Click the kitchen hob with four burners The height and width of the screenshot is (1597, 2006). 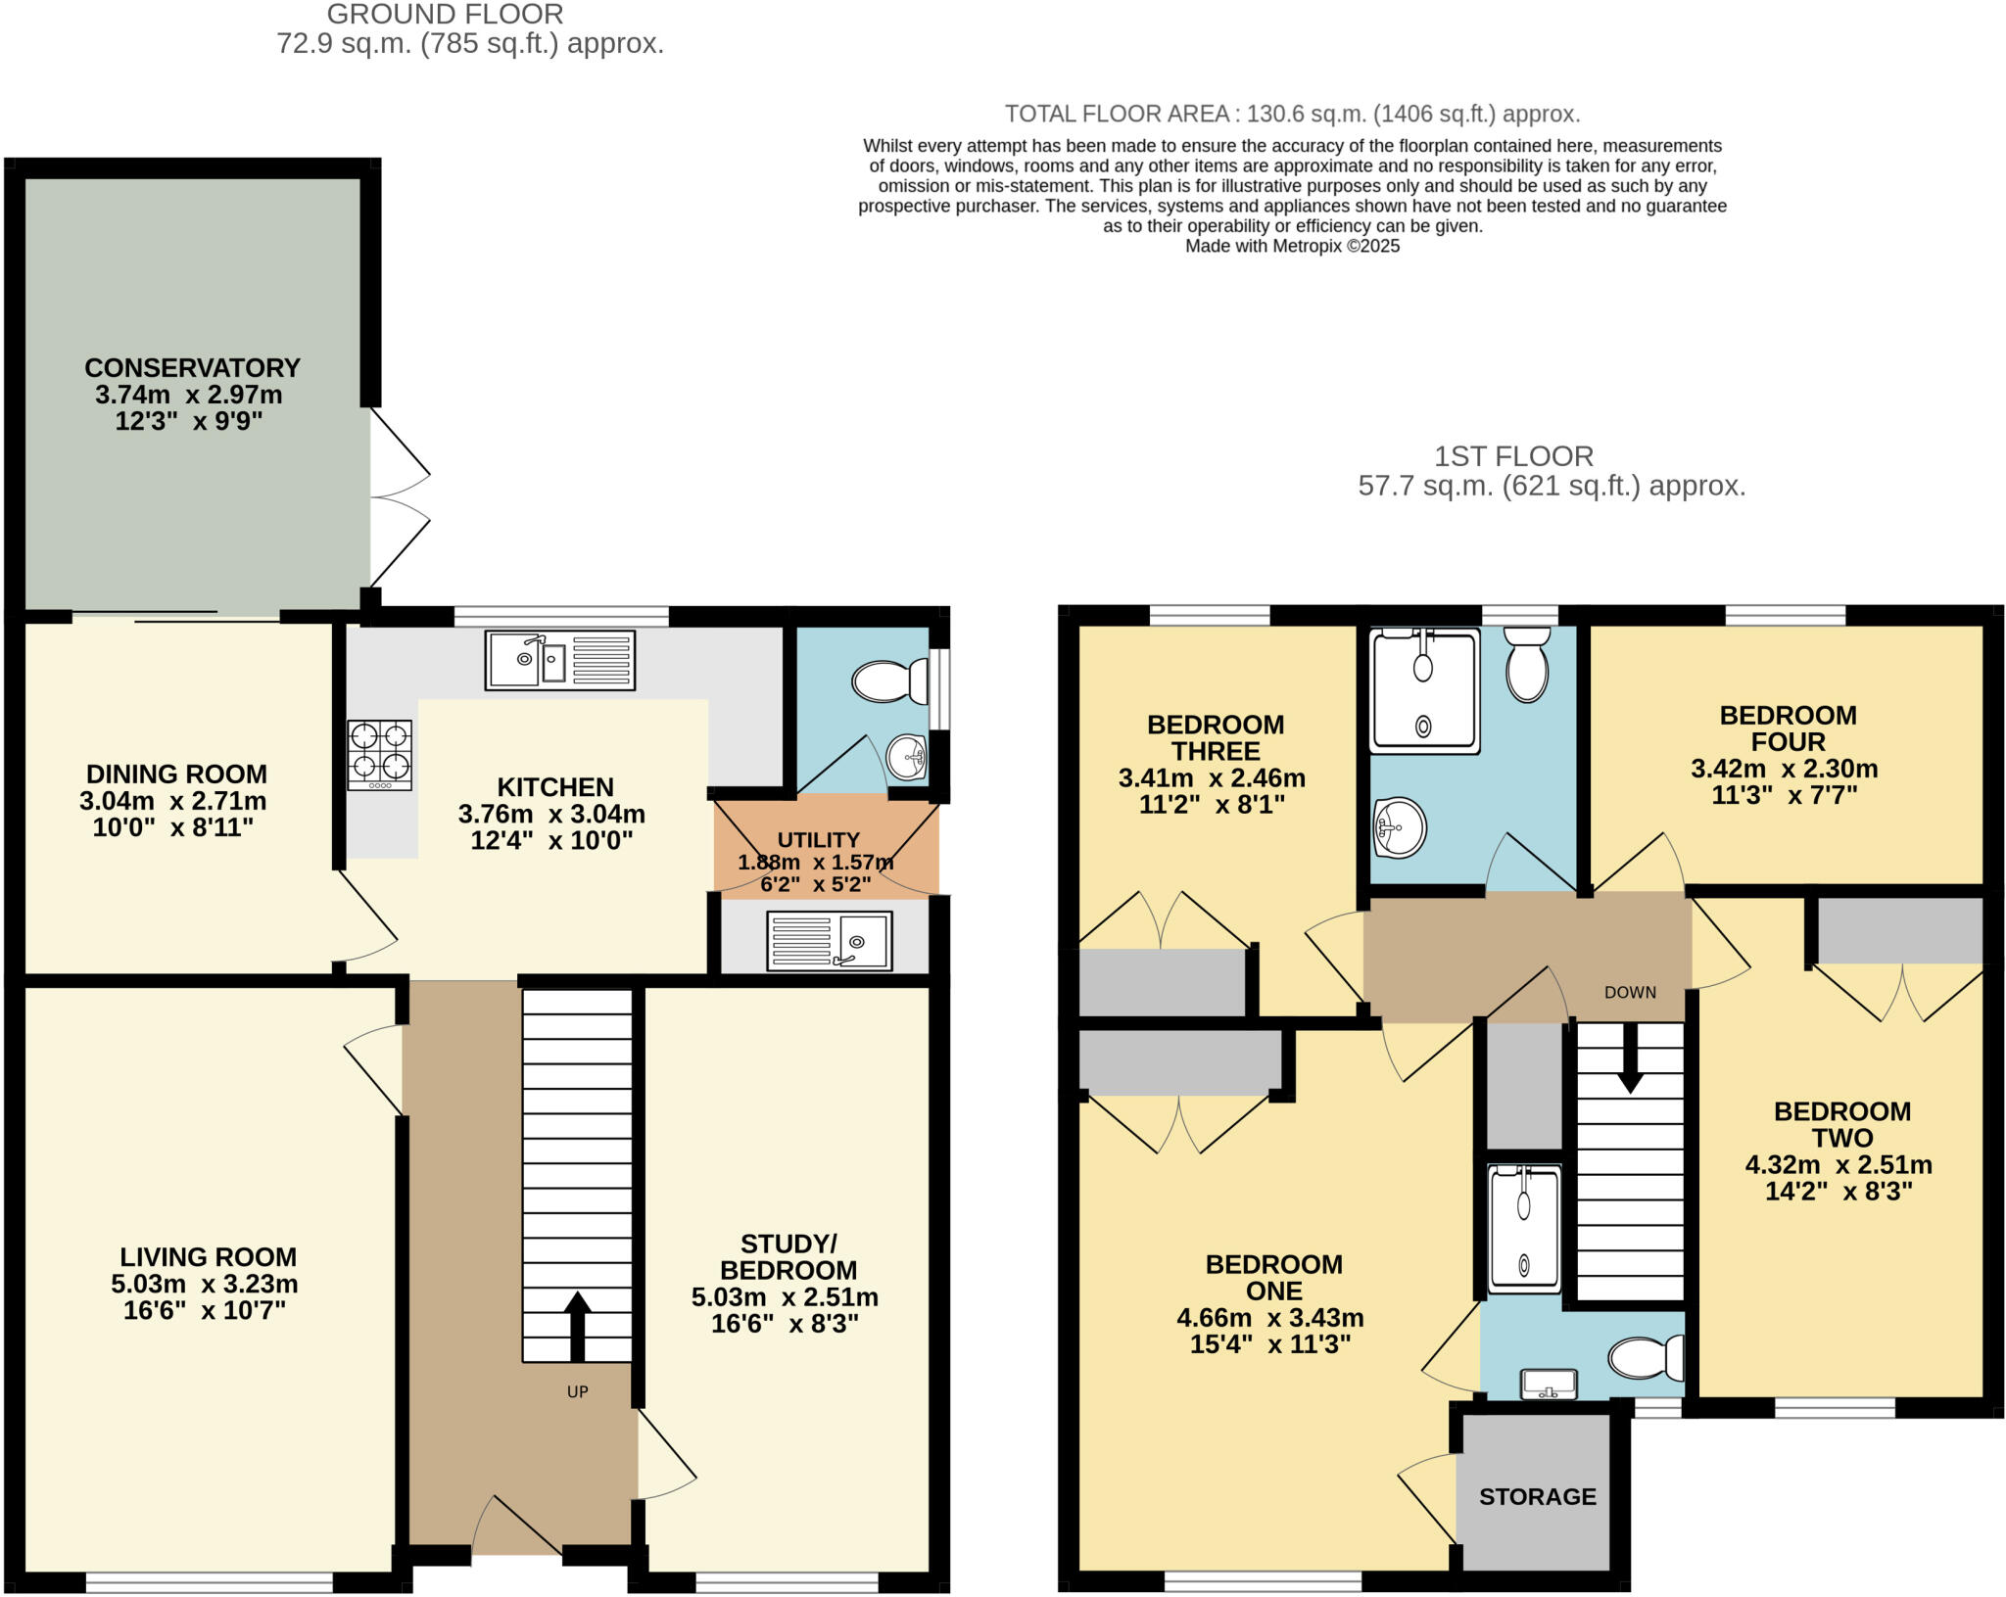pos(379,754)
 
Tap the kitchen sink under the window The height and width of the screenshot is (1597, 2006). pos(559,660)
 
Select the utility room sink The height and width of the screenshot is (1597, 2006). pos(829,940)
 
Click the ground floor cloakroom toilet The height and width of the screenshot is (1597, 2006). pos(889,681)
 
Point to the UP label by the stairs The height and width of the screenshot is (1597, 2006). pos(577,1391)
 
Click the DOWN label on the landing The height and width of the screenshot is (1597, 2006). pos(1630,992)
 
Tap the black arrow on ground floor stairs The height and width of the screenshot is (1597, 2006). pos(577,1326)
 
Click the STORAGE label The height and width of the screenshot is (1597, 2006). pos(1537,1496)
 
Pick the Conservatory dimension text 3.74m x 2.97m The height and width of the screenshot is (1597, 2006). pos(189,395)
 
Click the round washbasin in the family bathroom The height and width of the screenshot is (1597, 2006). pos(1399,827)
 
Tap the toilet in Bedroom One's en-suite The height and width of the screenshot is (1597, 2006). pos(1646,1358)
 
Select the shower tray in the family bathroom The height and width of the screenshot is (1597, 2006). pos(1424,691)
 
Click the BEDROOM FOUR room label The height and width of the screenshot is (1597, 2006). pos(1788,728)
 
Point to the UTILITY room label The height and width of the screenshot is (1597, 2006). pos(818,840)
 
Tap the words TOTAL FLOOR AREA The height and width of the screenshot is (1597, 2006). pos(1117,114)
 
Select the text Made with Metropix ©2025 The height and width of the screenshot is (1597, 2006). pos(1292,246)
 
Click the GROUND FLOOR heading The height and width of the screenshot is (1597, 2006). pos(445,15)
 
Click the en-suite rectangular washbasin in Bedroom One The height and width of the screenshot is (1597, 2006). pos(1548,1385)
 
